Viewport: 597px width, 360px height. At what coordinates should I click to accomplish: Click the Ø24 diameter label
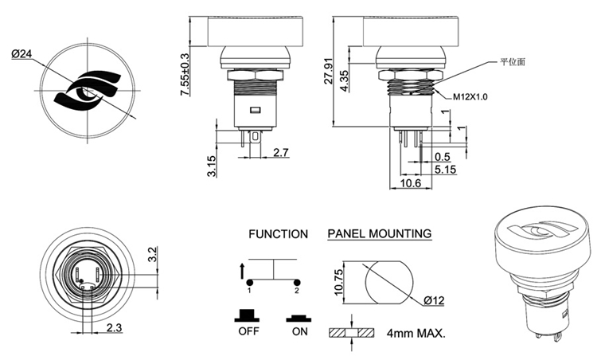coord(22,54)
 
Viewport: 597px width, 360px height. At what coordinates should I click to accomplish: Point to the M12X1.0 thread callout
coord(470,96)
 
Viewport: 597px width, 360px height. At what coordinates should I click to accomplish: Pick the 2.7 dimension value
coord(282,151)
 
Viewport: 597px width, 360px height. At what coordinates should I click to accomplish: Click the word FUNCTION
coord(278,234)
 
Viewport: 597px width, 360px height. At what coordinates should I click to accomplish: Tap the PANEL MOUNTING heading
coord(380,234)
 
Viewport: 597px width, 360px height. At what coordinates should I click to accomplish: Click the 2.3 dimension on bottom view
coord(113,327)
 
